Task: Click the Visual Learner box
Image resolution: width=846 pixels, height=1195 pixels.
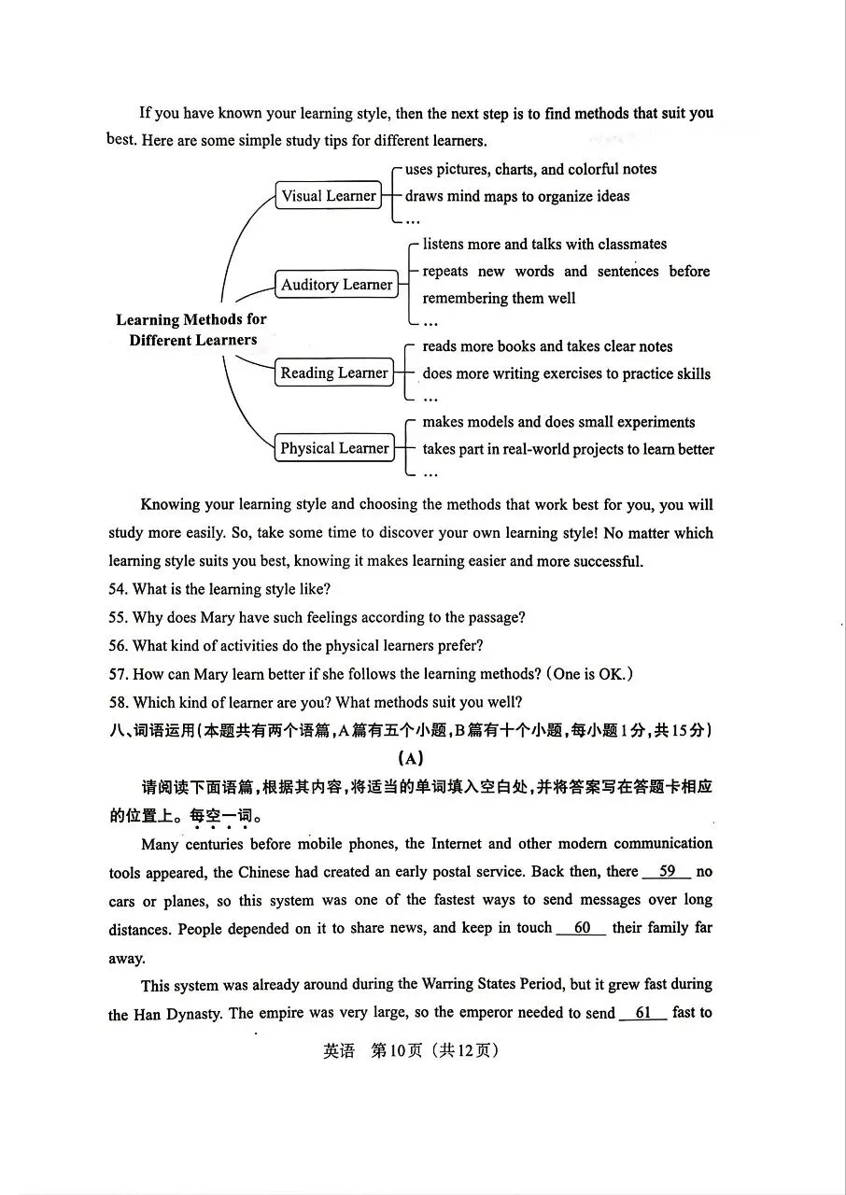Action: [329, 196]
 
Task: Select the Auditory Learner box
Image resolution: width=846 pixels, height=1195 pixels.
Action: [336, 285]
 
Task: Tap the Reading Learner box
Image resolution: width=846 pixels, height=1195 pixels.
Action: [333, 373]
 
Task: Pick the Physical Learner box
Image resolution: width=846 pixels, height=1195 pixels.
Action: [333, 448]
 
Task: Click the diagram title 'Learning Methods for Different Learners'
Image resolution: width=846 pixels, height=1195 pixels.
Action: [191, 330]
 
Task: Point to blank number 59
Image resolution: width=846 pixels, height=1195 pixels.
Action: [667, 872]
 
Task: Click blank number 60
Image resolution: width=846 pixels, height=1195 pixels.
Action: [582, 928]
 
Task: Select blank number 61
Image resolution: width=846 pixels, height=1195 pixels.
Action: [642, 1013]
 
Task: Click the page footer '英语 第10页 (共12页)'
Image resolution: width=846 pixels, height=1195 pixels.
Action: [411, 1050]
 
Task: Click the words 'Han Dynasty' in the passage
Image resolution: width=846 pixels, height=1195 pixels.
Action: [180, 1014]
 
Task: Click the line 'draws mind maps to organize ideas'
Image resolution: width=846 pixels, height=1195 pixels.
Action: [516, 196]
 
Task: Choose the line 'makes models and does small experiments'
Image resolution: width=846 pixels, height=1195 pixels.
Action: [558, 422]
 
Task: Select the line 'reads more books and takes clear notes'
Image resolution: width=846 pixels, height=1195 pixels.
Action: [547, 346]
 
